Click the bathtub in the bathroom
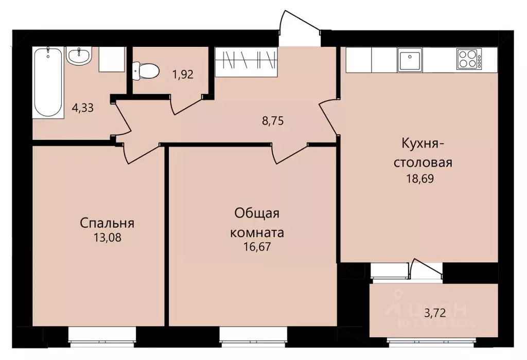[x=48, y=82]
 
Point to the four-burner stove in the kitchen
[x=469, y=59]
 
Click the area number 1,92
[x=183, y=74]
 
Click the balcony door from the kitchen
[x=426, y=270]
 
